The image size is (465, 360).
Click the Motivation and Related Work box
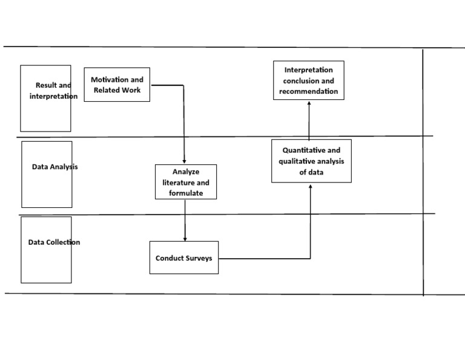tap(117, 85)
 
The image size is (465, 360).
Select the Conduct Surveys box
tap(184, 258)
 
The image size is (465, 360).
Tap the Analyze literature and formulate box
tap(186, 182)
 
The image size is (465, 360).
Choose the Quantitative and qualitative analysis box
tap(311, 161)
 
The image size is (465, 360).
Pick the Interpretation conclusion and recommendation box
tap(309, 81)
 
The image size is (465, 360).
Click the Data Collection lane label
tap(54, 242)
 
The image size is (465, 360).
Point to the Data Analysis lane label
tap(54, 167)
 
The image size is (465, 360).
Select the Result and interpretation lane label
tap(53, 91)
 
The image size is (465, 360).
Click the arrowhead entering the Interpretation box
tap(309, 104)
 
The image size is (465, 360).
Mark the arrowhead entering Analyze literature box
tap(183, 161)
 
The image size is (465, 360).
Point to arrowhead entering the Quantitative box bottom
tap(311, 186)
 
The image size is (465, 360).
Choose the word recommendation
tap(309, 92)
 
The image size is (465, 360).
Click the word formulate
tap(186, 193)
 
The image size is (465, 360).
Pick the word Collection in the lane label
tap(64, 242)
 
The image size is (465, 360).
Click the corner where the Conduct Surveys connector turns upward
tap(311, 259)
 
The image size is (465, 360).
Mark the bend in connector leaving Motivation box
tap(183, 85)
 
